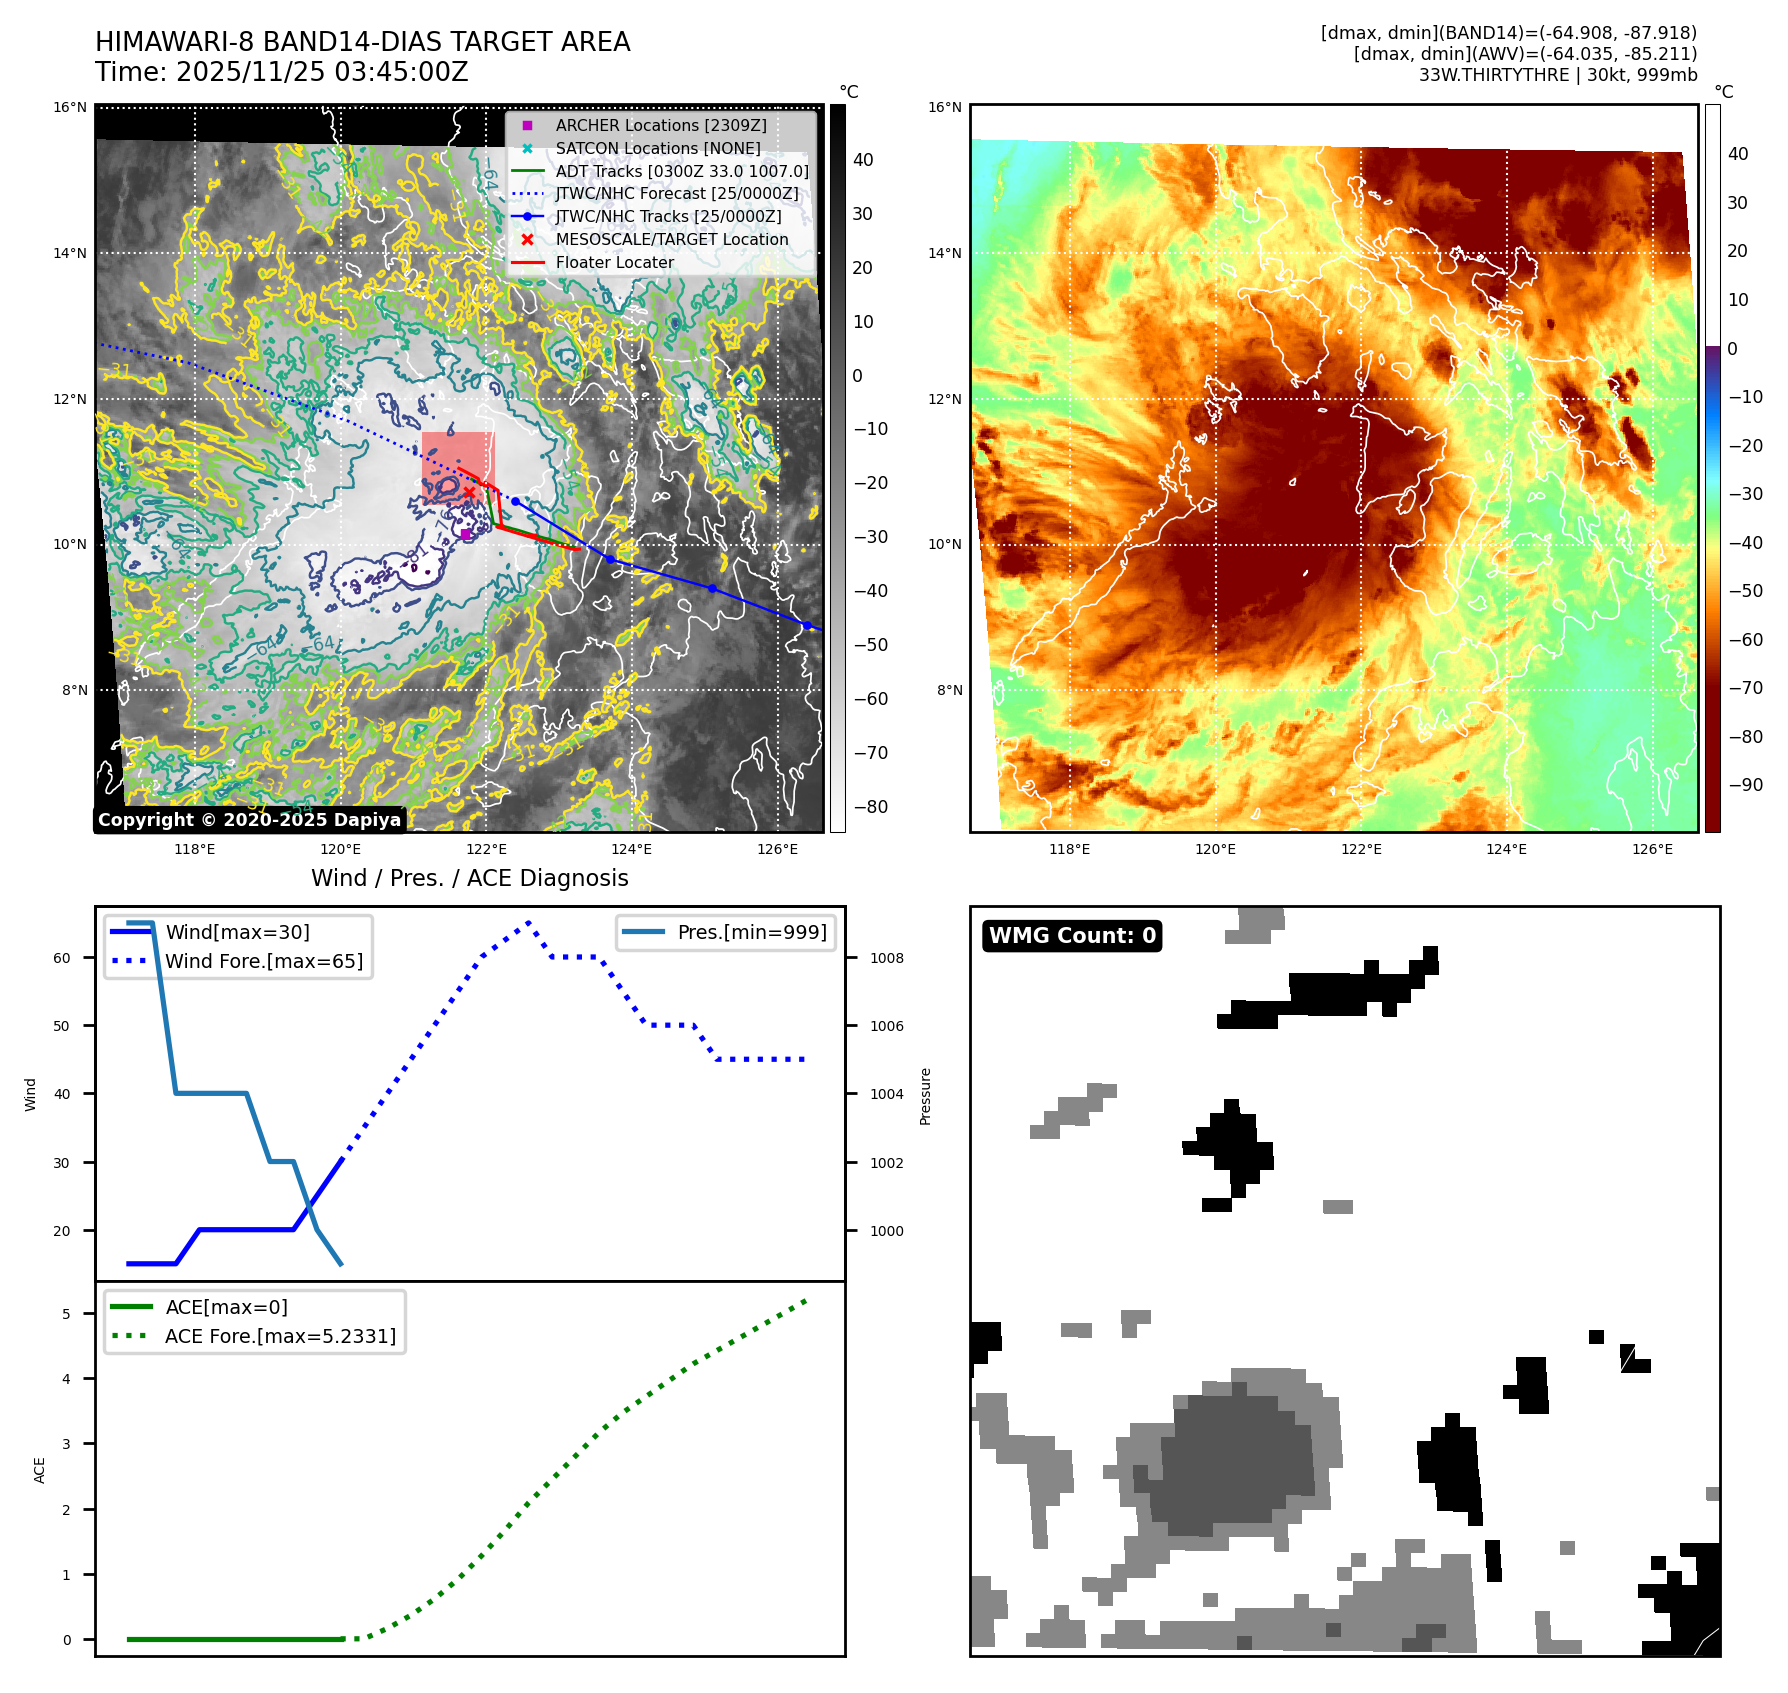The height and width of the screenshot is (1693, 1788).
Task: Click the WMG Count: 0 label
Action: pos(1072,936)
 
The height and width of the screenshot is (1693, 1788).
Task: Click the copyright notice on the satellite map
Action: pos(249,820)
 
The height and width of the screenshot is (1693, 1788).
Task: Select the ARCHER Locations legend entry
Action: pos(660,125)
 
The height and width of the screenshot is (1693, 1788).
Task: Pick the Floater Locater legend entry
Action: pos(614,262)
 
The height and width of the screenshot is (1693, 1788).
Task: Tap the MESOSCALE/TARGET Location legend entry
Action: pos(671,239)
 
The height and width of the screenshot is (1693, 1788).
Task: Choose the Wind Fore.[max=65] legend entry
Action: pos(264,961)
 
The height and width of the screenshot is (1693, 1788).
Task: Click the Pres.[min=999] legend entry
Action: pos(752,932)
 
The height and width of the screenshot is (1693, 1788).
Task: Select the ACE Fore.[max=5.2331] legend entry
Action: pos(280,1336)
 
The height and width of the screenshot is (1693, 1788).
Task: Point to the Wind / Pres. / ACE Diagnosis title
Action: pos(470,878)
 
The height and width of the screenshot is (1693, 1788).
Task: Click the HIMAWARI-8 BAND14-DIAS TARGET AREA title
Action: pos(362,42)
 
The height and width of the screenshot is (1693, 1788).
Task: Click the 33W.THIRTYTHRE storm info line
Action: pos(1557,75)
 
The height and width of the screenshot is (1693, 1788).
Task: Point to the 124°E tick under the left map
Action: pos(631,849)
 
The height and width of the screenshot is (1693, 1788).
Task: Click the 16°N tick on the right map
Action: pos(944,107)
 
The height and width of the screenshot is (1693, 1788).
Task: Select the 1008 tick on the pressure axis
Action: pos(886,958)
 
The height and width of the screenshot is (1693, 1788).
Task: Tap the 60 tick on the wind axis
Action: pos(62,958)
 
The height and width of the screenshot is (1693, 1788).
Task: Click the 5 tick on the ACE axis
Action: pos(66,1314)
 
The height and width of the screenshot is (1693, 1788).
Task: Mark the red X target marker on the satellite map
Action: pos(469,492)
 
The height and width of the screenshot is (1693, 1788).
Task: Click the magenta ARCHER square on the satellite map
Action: pos(465,535)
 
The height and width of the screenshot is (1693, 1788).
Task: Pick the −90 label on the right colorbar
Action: pos(1745,785)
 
